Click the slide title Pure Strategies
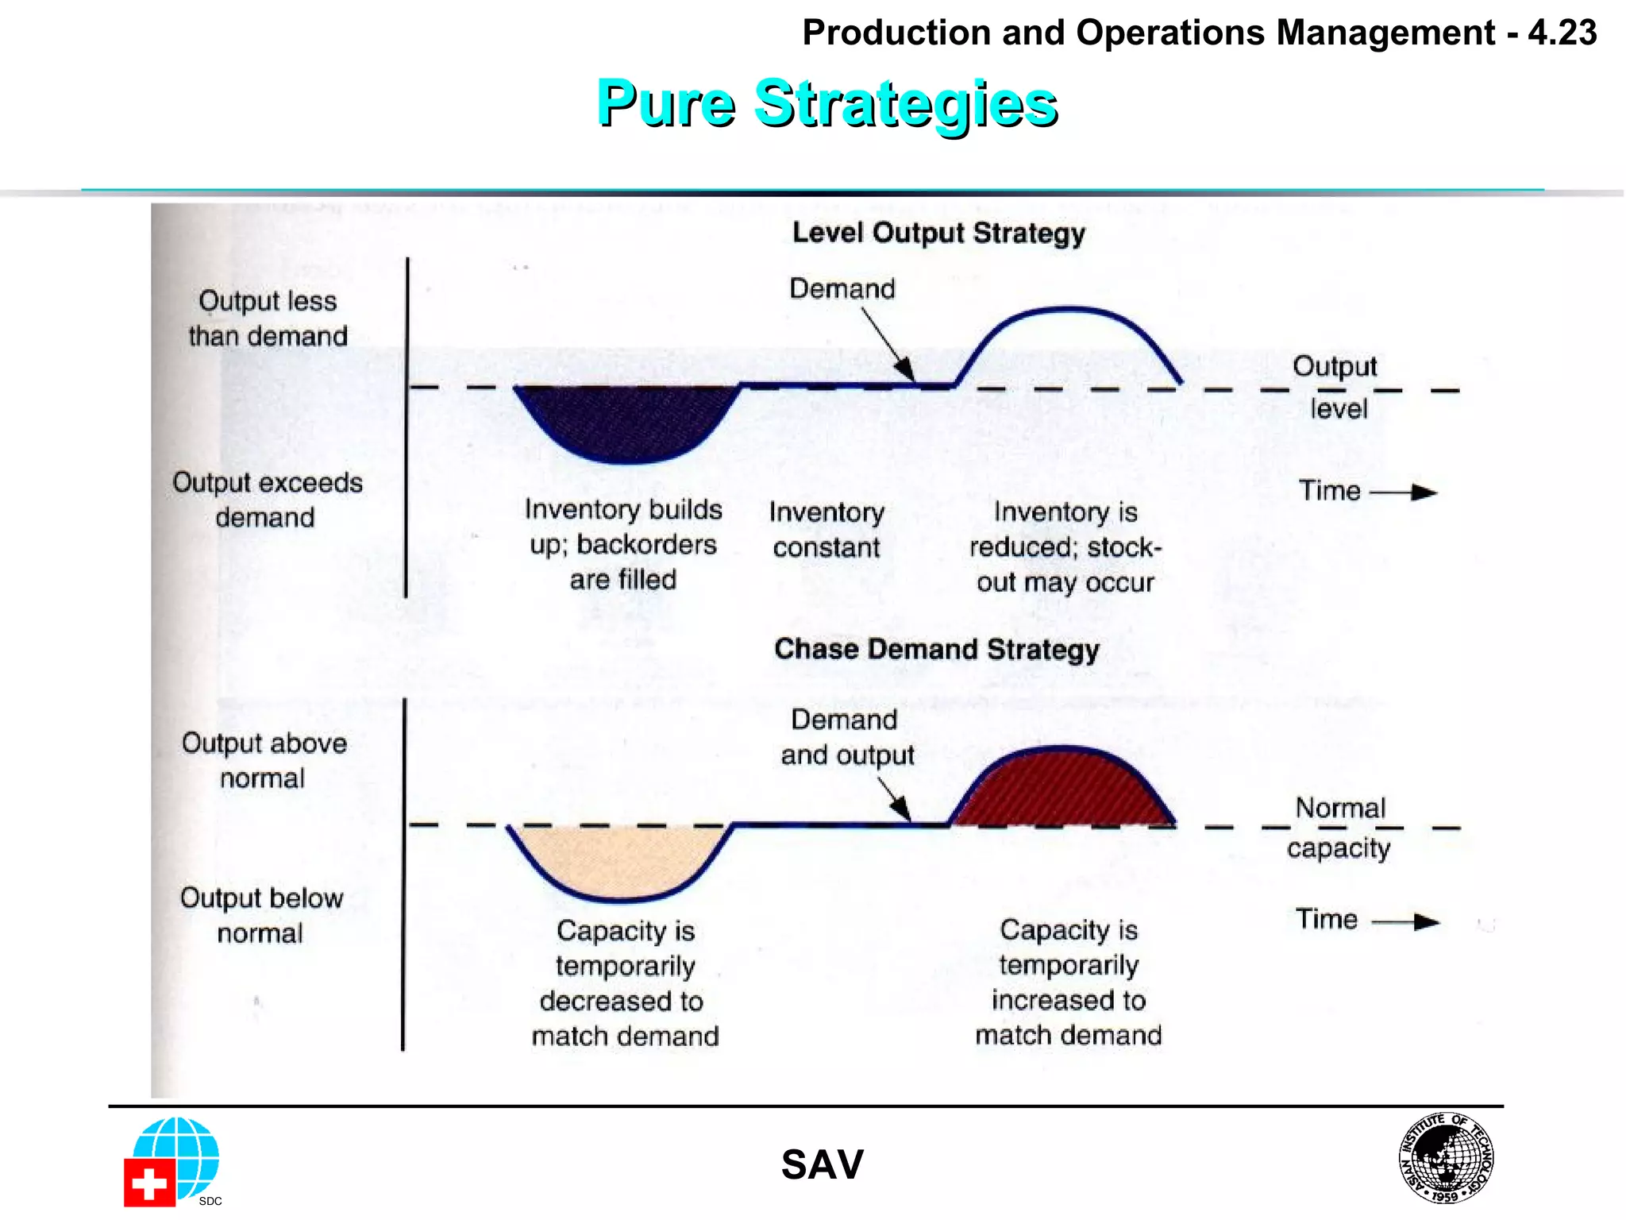pyautogui.click(x=826, y=104)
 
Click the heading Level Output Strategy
pyautogui.click(x=938, y=234)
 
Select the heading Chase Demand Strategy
pyautogui.click(x=937, y=650)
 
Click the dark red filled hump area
pyautogui.click(x=1062, y=790)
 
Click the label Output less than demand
pyautogui.click(x=268, y=319)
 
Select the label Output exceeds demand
pyautogui.click(x=268, y=500)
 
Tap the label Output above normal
pyautogui.click(x=264, y=760)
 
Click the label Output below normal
pyautogui.click(x=261, y=915)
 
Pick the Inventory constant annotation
pyautogui.click(x=826, y=530)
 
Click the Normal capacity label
pyautogui.click(x=1339, y=828)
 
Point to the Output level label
pyautogui.click(x=1336, y=387)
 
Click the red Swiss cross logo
pyautogui.click(x=149, y=1183)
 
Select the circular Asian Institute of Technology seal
pyautogui.click(x=1446, y=1157)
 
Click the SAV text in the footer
pyautogui.click(x=822, y=1165)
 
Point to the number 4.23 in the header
pyautogui.click(x=1562, y=33)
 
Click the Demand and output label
pyautogui.click(x=846, y=737)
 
